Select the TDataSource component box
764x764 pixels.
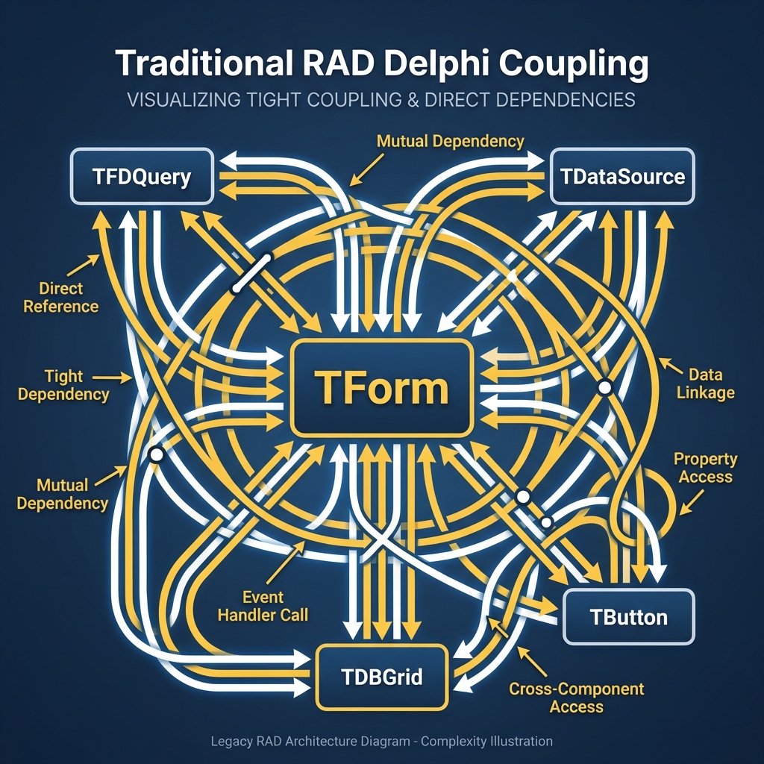coord(622,177)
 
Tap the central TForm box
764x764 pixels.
coord(382,388)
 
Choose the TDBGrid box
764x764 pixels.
coord(382,677)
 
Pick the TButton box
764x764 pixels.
coord(628,617)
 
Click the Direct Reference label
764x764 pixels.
coord(61,297)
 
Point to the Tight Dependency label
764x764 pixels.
coord(63,385)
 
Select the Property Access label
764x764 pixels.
coord(705,467)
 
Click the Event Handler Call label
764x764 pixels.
coord(275,606)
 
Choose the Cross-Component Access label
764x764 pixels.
coord(576,697)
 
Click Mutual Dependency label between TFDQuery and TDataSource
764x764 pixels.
coord(450,141)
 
